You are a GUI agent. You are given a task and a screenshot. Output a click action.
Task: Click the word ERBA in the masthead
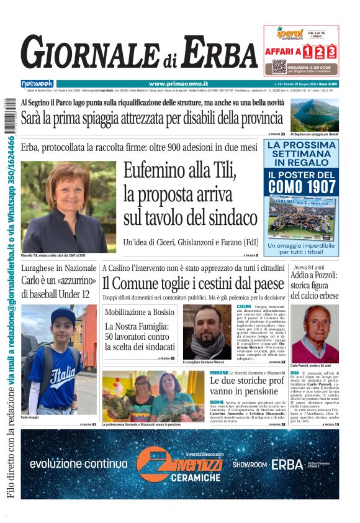click(211, 52)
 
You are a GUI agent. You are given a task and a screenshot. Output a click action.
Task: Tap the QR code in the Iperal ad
click(279, 66)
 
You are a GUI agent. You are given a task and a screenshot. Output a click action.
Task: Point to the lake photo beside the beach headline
click(314, 114)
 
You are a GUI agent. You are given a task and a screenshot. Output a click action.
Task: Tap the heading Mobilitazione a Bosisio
click(140, 312)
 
